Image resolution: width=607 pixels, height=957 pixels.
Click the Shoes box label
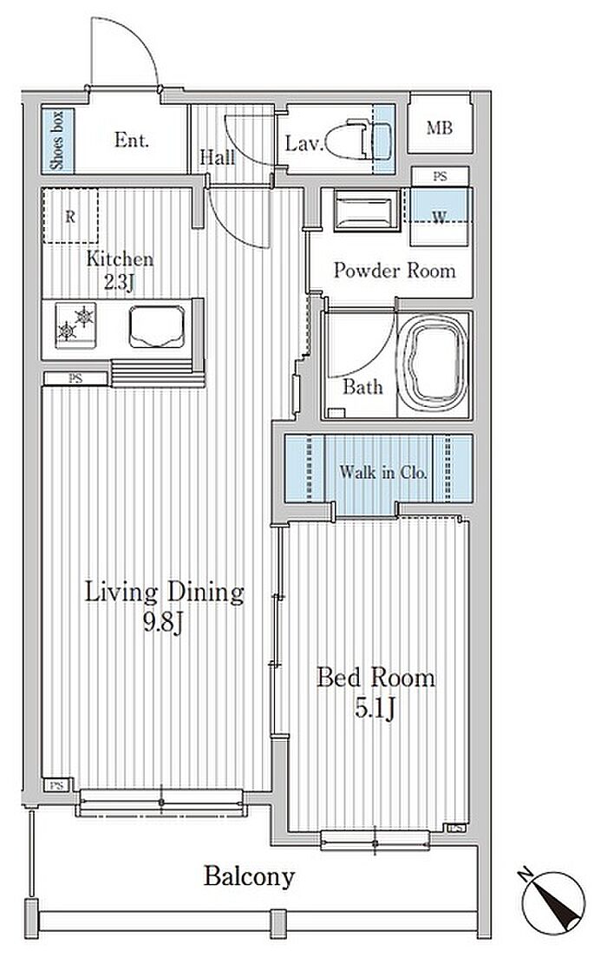pyautogui.click(x=57, y=141)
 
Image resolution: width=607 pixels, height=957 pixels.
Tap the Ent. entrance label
pyautogui.click(x=131, y=141)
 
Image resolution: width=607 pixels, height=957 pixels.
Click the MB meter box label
pyautogui.click(x=440, y=128)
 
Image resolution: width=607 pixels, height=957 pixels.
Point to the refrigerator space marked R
pyautogui.click(x=70, y=216)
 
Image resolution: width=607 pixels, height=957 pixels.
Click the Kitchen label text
pyautogui.click(x=120, y=259)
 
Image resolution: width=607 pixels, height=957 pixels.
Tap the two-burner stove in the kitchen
pyautogui.click(x=75, y=324)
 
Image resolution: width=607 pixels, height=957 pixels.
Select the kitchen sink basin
pyautogui.click(x=157, y=326)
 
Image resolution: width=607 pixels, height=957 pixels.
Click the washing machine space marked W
pyautogui.click(x=440, y=217)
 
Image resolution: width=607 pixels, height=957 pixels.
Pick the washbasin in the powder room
pyautogui.click(x=367, y=211)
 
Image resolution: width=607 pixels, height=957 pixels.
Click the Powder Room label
pyautogui.click(x=394, y=271)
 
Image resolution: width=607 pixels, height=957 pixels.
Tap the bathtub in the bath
pyautogui.click(x=434, y=365)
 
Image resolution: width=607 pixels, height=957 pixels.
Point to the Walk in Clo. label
pyautogui.click(x=383, y=472)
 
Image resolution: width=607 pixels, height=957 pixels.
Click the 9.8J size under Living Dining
pyautogui.click(x=164, y=623)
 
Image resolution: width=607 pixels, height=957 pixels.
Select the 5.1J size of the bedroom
pyautogui.click(x=375, y=709)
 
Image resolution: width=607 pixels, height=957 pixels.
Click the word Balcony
pyautogui.click(x=249, y=877)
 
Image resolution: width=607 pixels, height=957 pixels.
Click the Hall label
pyautogui.click(x=217, y=157)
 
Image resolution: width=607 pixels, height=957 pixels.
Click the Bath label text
pyautogui.click(x=362, y=386)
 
